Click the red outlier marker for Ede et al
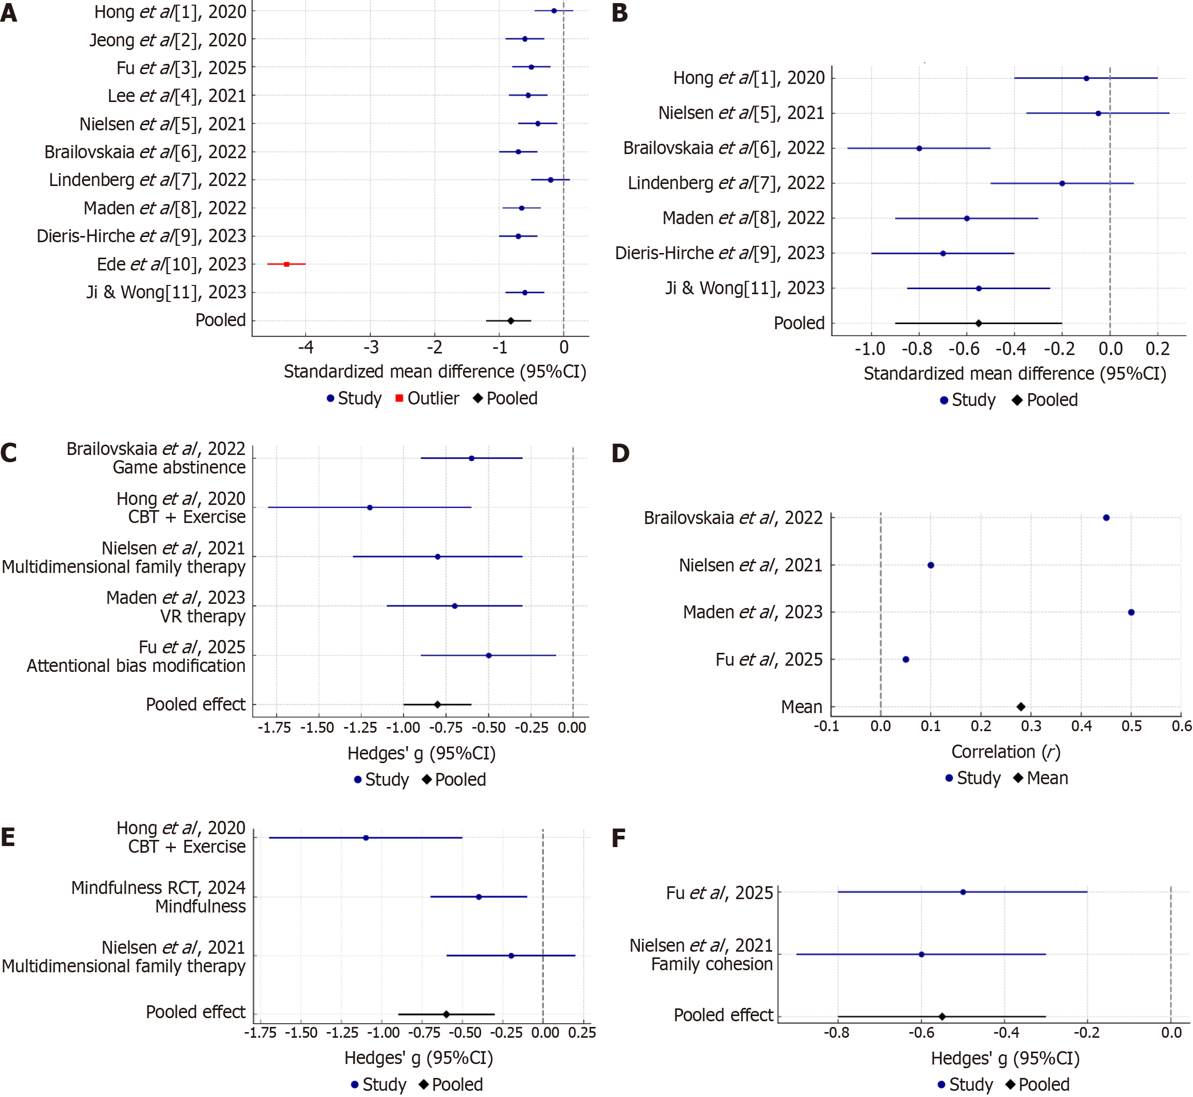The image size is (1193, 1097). [287, 264]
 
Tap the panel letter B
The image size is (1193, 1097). [619, 13]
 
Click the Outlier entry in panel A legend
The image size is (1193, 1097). [427, 398]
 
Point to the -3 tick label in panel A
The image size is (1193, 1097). [371, 347]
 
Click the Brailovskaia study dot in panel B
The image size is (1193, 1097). [919, 148]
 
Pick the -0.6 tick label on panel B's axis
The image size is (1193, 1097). [964, 349]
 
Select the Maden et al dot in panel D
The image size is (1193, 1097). [1131, 612]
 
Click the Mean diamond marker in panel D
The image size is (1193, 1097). [1021, 706]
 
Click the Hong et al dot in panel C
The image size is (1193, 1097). [370, 508]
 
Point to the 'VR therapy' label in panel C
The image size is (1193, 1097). [203, 616]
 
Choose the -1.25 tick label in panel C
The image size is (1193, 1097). [360, 728]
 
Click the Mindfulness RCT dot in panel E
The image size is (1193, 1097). [478, 897]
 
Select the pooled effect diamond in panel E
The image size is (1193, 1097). [446, 1015]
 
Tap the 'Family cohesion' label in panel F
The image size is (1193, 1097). [711, 964]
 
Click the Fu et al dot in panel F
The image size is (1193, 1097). [963, 892]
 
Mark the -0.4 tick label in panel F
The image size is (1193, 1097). [1006, 1033]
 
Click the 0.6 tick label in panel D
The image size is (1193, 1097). [1182, 726]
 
